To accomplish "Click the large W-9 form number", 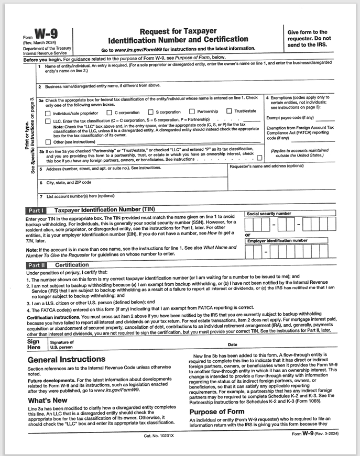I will [x=47, y=34].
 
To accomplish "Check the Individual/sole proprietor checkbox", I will [x=49, y=112].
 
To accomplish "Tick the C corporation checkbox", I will [x=109, y=112].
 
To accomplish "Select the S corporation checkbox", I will [x=150, y=112].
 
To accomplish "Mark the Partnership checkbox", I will [x=192, y=111].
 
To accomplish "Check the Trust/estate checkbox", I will [x=229, y=111].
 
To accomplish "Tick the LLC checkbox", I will [x=49, y=120].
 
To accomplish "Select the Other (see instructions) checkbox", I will [x=49, y=141].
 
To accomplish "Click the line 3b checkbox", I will [x=259, y=157].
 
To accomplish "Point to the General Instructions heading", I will [x=66, y=359].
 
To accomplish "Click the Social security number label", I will [x=269, y=214].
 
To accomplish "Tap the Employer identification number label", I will [x=277, y=240].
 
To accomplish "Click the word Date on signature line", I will [x=233, y=344].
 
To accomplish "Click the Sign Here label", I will [x=34, y=344].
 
